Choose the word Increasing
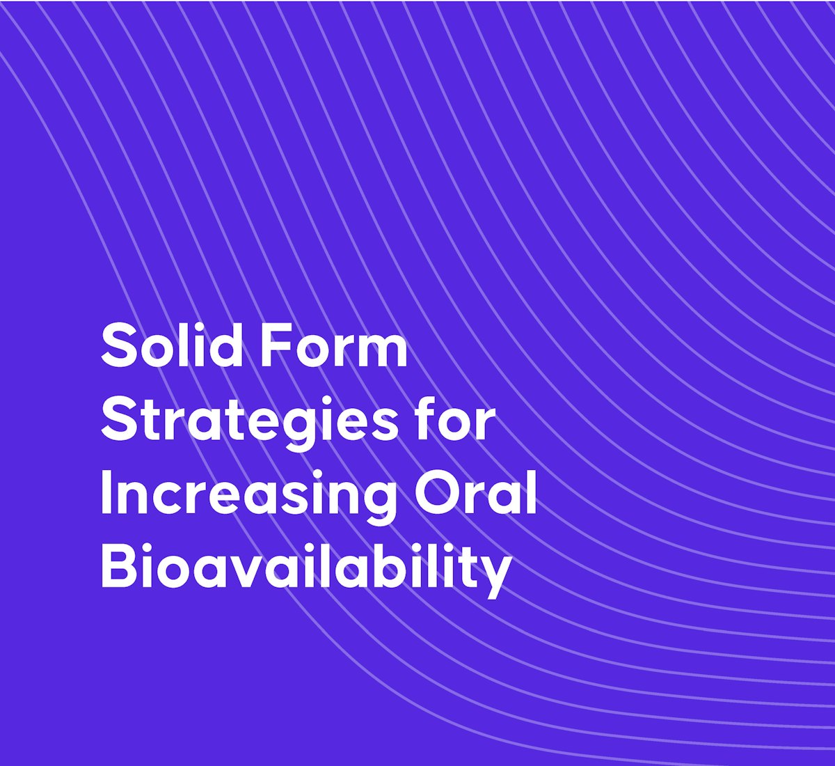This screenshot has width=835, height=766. [x=248, y=496]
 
